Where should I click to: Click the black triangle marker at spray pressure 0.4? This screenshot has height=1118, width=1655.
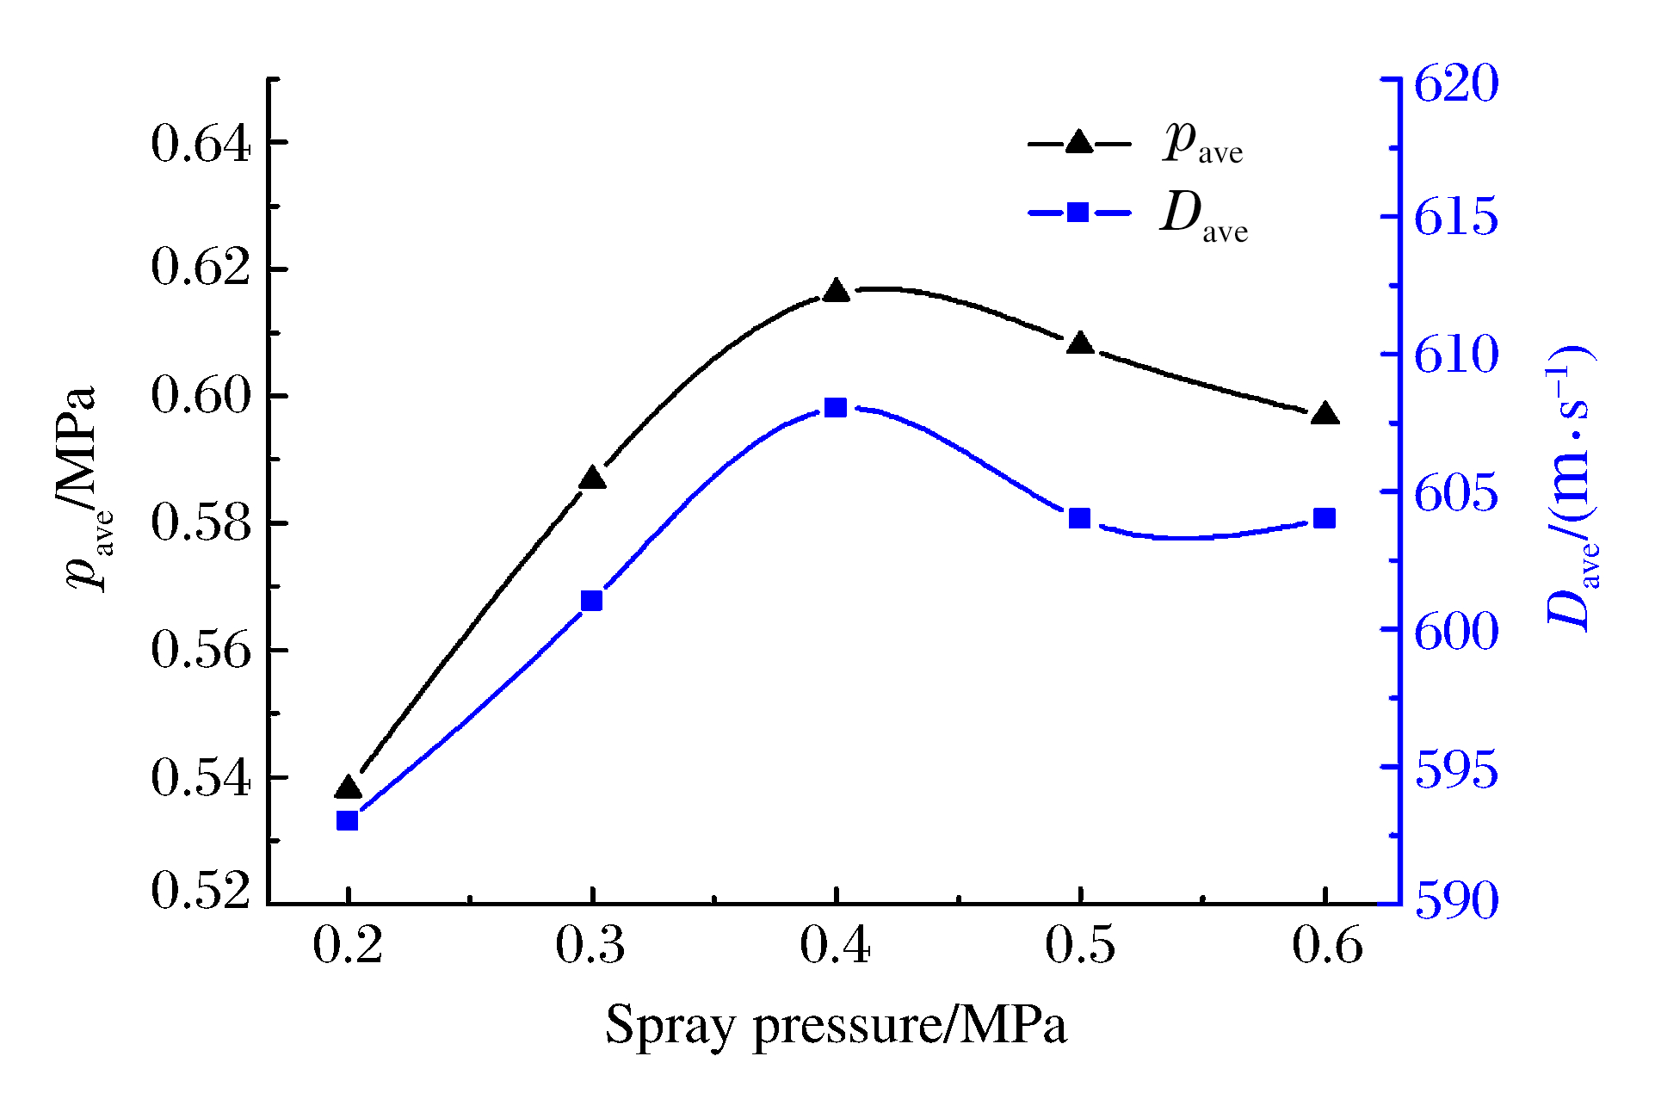(x=836, y=291)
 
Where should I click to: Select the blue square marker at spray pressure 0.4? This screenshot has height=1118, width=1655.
(x=836, y=407)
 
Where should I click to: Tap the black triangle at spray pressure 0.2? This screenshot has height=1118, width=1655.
(x=348, y=787)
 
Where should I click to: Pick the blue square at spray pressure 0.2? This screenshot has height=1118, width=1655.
(x=348, y=820)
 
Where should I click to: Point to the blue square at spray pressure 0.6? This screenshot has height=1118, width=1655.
(x=1325, y=518)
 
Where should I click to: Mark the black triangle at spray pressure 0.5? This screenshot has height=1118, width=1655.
(x=1080, y=343)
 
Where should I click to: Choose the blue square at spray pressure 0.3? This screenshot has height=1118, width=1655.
(x=591, y=601)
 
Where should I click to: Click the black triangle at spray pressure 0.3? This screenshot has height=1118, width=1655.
(x=592, y=479)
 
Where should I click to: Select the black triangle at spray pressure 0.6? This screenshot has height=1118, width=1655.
(x=1325, y=414)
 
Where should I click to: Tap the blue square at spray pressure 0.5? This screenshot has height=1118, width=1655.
(x=1080, y=518)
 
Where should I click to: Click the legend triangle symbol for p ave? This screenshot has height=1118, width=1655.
(x=1078, y=142)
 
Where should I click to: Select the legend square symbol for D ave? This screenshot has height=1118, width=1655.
(x=1078, y=212)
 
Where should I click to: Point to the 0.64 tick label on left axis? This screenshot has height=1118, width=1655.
(x=201, y=144)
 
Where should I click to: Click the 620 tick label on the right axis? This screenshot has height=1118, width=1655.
(x=1456, y=83)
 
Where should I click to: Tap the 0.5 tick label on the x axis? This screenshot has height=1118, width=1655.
(x=1080, y=945)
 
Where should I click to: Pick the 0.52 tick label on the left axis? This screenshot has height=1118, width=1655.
(x=201, y=890)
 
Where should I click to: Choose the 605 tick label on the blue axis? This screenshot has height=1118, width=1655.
(x=1456, y=493)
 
